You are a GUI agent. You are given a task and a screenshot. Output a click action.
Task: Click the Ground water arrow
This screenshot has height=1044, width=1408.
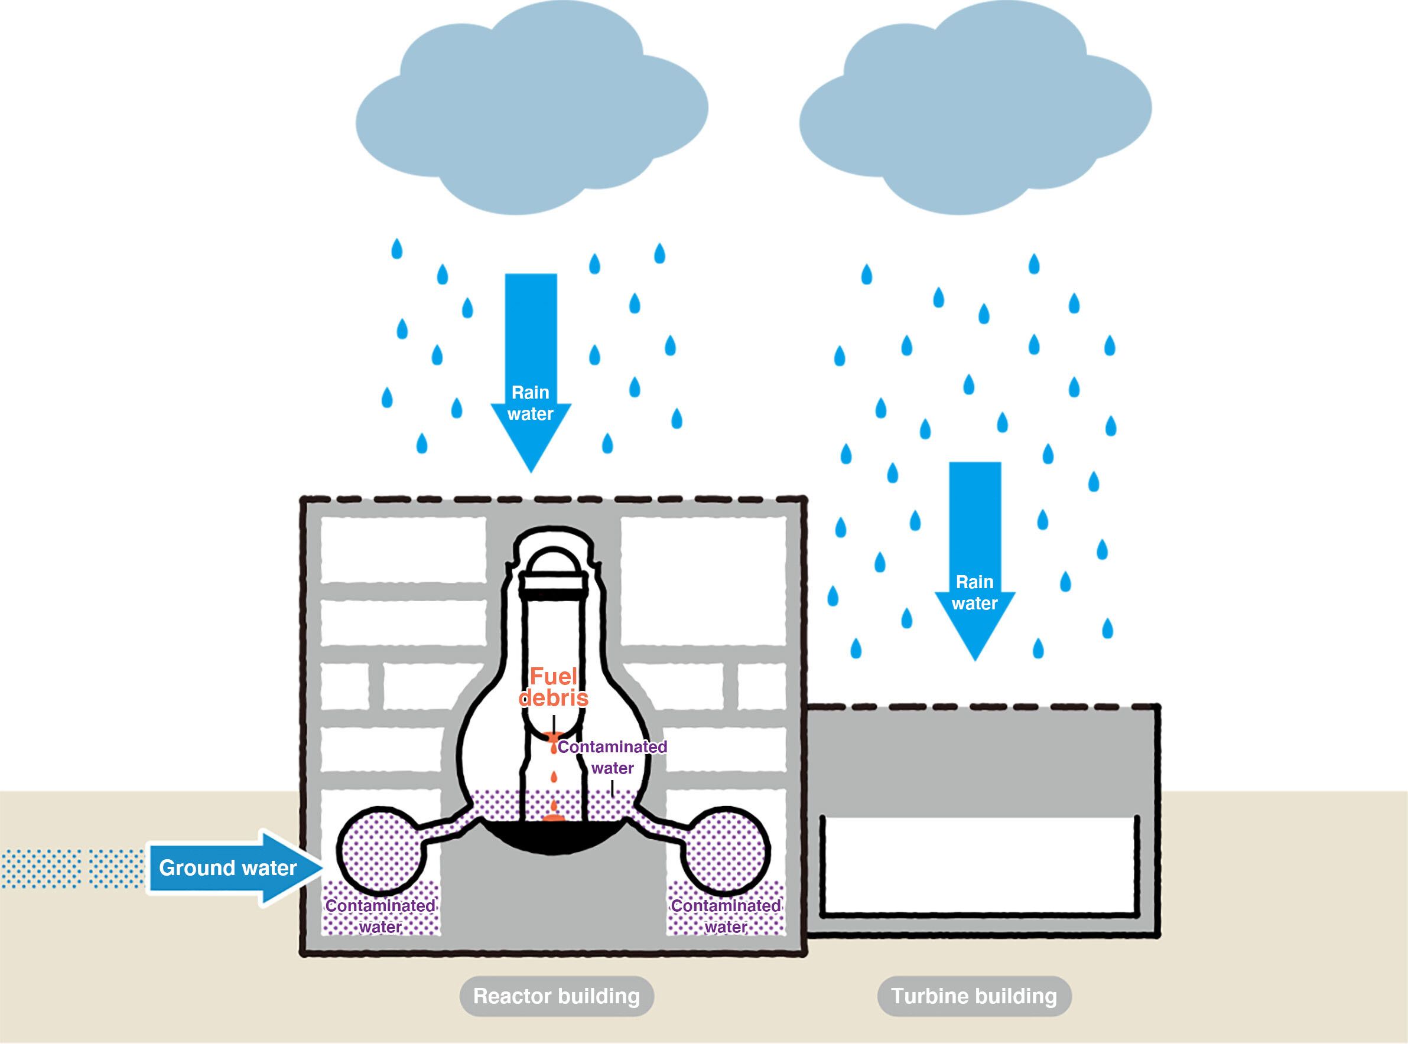(234, 867)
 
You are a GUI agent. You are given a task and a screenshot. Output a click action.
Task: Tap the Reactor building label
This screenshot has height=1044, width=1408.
(557, 996)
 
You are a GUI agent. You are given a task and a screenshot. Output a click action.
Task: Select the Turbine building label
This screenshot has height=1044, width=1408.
(974, 996)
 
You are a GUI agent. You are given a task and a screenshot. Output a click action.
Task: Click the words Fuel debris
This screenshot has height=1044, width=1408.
(553, 687)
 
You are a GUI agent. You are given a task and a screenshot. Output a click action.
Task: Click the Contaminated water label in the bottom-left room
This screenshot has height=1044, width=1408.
(381, 916)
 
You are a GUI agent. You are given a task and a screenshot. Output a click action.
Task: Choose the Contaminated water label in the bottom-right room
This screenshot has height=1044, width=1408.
(726, 916)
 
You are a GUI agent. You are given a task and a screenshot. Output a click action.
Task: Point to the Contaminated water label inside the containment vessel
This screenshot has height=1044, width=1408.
(612, 757)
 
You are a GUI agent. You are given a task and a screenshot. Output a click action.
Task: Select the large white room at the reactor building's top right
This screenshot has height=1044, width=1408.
(703, 580)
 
